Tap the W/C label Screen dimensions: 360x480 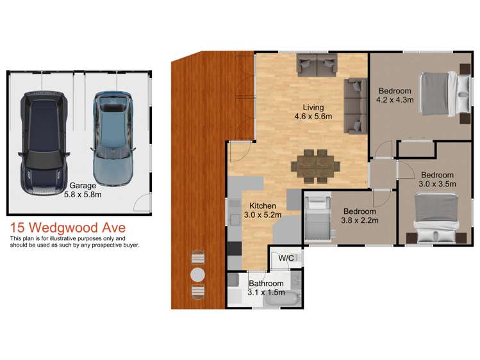pos(286,258)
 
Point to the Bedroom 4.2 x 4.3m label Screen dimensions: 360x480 pos(395,95)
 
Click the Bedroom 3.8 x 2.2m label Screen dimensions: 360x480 pos(360,216)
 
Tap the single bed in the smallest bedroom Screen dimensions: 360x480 pos(316,218)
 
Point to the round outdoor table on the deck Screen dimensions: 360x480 pos(198,275)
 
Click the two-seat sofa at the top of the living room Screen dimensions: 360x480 pos(317,64)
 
